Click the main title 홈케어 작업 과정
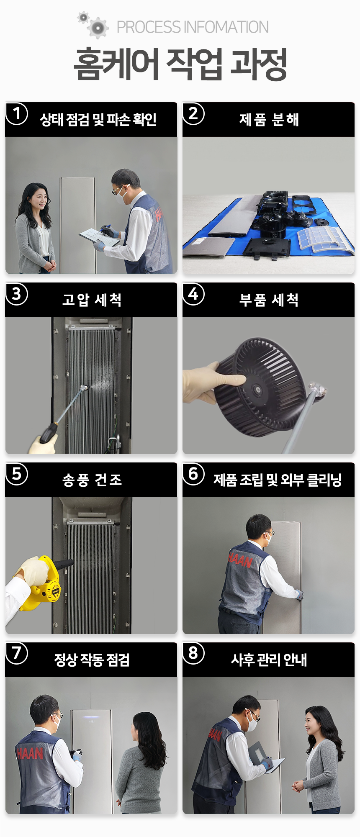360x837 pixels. pos(180,64)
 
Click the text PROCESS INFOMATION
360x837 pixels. pos(193,27)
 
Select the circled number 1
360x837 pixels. pos(17,114)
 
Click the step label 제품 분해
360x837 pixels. pos(269,120)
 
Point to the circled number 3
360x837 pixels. pos(17,294)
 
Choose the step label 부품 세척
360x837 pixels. pos(269,300)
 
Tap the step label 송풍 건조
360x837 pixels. pos(92,480)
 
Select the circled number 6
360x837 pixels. pos(193,474)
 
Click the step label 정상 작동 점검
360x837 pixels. pos(92,660)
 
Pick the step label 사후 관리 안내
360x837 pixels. pos(269,660)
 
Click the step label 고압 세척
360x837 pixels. pos(92,300)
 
